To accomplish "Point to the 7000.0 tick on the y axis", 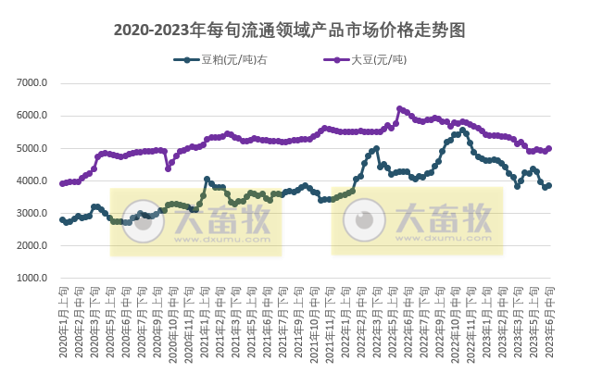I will (x=32, y=83).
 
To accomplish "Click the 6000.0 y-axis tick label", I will (x=32, y=116).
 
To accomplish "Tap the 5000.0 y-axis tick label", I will (x=32, y=148).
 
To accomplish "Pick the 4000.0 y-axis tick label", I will (x=32, y=180).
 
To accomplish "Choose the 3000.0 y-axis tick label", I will (x=32, y=214).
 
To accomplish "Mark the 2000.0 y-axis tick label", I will (x=32, y=246).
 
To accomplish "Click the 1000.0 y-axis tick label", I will (x=32, y=279).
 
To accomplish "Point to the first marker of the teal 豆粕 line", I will (x=62, y=219).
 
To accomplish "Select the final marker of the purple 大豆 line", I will (x=549, y=148).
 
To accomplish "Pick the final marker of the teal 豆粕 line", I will (x=549, y=185).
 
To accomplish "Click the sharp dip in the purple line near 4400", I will (x=168, y=168).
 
